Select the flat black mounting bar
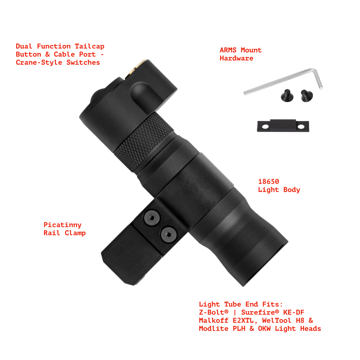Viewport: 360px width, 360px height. pos(283,126)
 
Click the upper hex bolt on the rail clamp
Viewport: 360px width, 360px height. pos(152,218)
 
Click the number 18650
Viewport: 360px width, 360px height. pos(269,182)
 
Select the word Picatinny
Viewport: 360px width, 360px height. pos(62,225)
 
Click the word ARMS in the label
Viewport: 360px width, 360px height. pos(228,50)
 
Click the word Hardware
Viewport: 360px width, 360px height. pos(236,58)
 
